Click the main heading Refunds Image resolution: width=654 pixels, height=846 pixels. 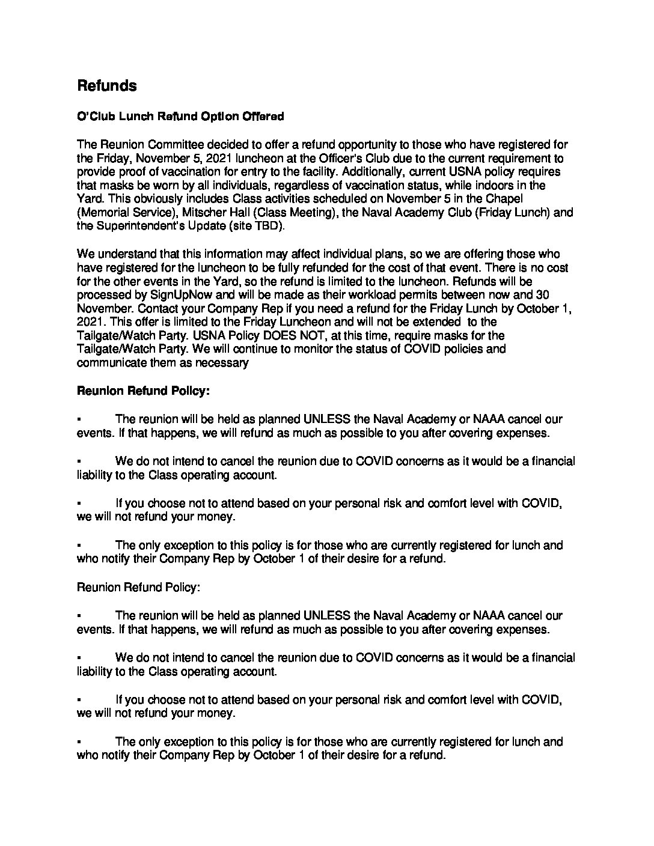tap(106, 86)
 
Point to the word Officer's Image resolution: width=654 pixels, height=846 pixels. tap(325, 159)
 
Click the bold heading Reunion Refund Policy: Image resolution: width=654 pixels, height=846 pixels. tap(143, 391)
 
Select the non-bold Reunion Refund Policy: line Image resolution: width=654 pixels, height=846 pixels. tap(138, 587)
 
